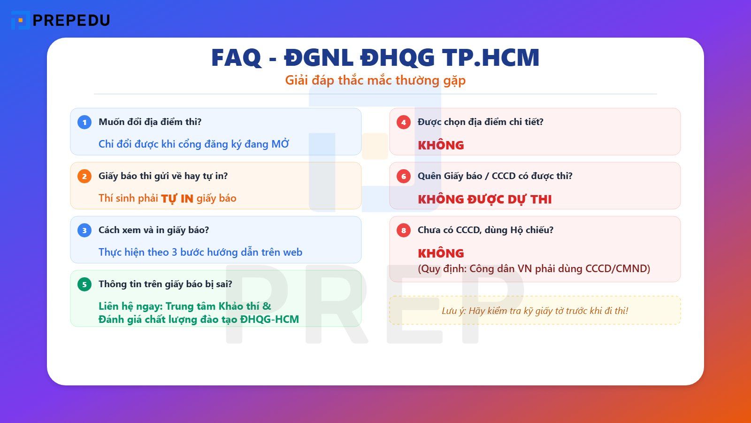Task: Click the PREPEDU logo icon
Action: click(20, 20)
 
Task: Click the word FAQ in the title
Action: click(236, 58)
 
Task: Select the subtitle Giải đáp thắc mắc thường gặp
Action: click(375, 80)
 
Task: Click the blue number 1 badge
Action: click(84, 122)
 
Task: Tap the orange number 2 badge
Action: click(84, 176)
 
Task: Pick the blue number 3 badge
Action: click(84, 230)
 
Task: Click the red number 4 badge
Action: click(404, 122)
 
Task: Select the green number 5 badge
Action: click(84, 284)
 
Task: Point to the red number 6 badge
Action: click(404, 176)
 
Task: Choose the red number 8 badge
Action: click(404, 230)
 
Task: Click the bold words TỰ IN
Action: click(177, 199)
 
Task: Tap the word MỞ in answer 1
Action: click(280, 144)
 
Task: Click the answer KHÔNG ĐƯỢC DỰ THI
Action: click(485, 199)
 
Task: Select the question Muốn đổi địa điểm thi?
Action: click(150, 122)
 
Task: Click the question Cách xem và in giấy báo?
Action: click(153, 230)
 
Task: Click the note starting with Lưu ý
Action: click(535, 311)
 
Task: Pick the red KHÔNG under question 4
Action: click(441, 145)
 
